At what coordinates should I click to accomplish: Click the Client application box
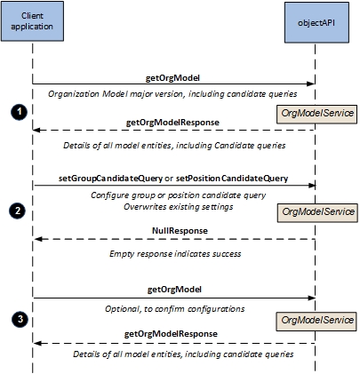32,21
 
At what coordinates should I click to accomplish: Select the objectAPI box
316,23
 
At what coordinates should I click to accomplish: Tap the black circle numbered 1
20,112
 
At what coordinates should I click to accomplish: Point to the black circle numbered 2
18,211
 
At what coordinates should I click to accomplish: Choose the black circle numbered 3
20,320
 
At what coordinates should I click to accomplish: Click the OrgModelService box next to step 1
316,114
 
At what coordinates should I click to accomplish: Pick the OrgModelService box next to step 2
317,212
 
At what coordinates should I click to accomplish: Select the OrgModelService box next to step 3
316,322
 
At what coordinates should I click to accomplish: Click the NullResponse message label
180,231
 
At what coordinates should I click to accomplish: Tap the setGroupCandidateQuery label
110,179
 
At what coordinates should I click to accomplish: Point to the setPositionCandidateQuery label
232,179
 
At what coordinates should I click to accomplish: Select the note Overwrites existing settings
179,207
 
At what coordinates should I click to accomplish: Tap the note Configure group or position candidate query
179,195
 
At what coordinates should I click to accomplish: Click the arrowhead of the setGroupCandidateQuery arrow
312,186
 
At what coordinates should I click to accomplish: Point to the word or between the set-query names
169,179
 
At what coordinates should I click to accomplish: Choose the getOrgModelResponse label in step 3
171,334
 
